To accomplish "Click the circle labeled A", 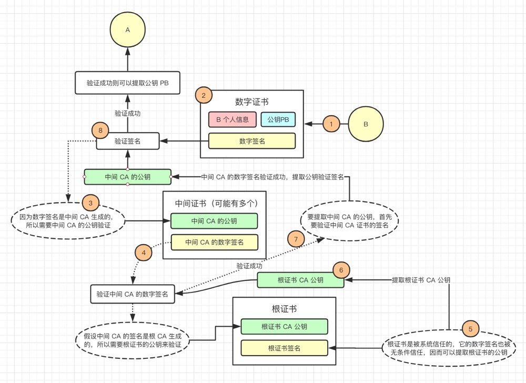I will [x=127, y=30].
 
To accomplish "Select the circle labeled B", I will [x=366, y=124].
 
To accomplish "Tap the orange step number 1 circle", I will [x=331, y=124].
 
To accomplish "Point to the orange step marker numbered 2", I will [x=204, y=96].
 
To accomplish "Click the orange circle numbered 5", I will [x=470, y=329].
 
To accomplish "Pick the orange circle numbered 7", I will [x=296, y=239].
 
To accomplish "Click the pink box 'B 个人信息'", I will [x=232, y=119].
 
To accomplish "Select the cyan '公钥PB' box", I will [x=278, y=119].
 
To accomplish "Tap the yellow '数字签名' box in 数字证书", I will [x=252, y=141].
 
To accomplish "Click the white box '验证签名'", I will [x=127, y=141].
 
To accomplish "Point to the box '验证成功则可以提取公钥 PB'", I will [x=127, y=83].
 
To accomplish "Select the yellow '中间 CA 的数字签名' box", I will [x=214, y=242].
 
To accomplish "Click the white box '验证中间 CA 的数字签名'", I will [x=133, y=294].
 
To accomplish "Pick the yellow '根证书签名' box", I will [x=284, y=348].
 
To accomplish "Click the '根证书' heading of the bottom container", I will [x=284, y=309].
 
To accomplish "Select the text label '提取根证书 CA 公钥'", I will [x=421, y=280].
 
